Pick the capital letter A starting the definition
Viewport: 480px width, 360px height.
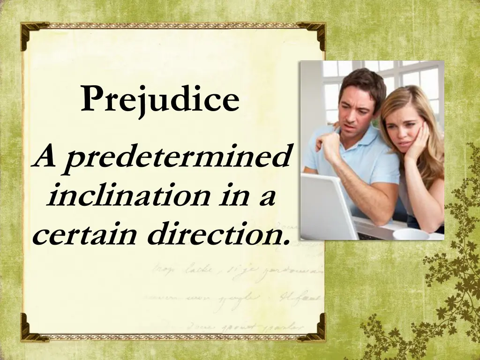point(46,157)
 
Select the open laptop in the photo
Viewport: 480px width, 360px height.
point(328,206)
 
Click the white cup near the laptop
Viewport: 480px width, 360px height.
point(411,234)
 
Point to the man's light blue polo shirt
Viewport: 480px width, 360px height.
point(375,159)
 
